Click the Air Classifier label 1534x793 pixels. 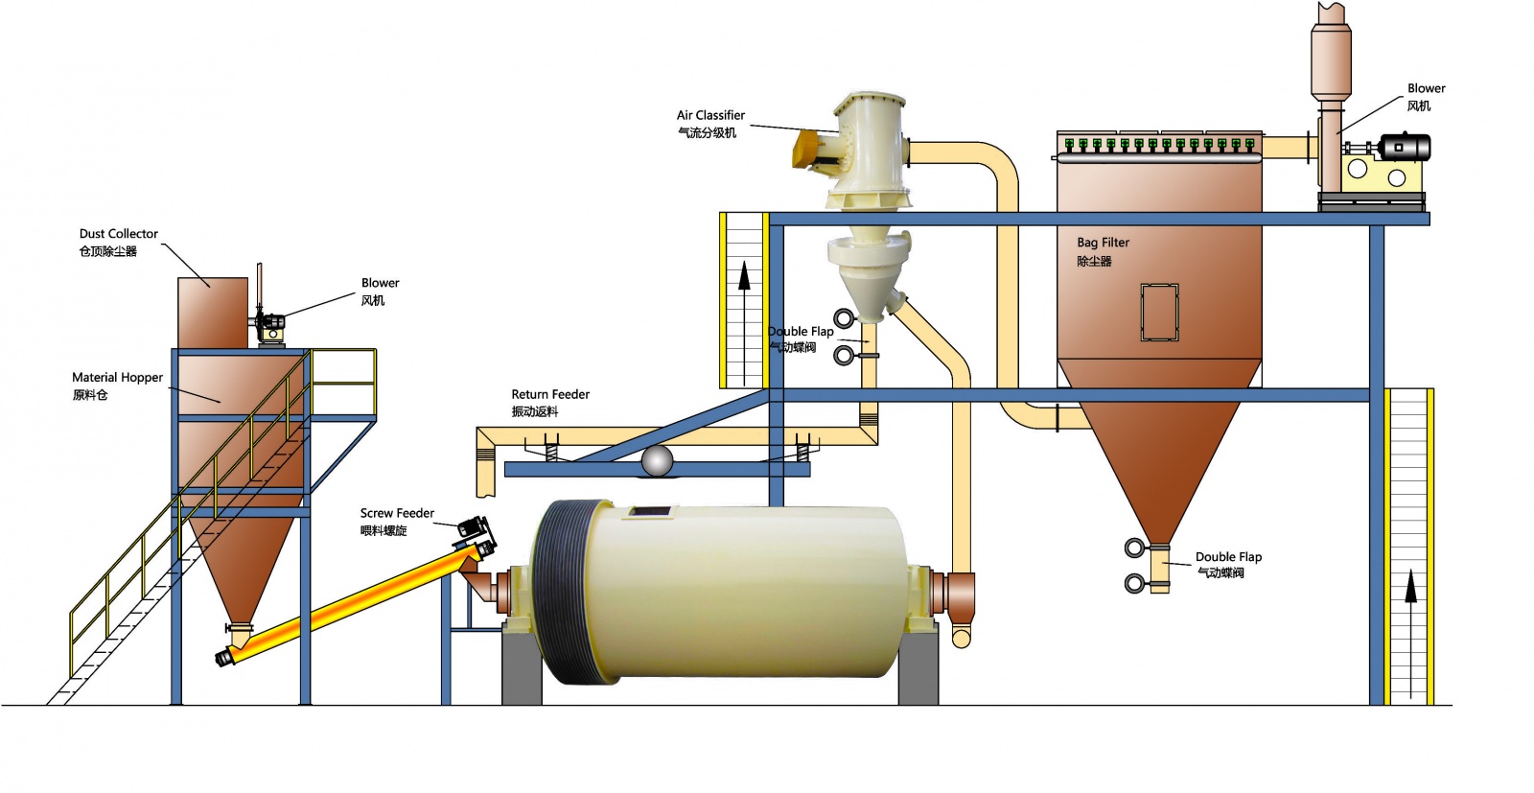pyautogui.click(x=710, y=115)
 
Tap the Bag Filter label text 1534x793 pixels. pyautogui.click(x=1103, y=243)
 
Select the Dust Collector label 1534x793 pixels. pyautogui.click(x=119, y=234)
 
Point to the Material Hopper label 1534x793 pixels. pyautogui.click(x=117, y=378)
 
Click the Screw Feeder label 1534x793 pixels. pyautogui.click(x=397, y=514)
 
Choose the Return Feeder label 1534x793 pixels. pyautogui.click(x=550, y=394)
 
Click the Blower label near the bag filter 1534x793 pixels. pyautogui.click(x=1426, y=88)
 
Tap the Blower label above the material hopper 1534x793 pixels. pyautogui.click(x=380, y=283)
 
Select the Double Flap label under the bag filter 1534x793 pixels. pyautogui.click(x=1228, y=557)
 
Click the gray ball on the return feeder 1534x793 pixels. pyautogui.click(x=657, y=460)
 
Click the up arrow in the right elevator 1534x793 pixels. pyautogui.click(x=1409, y=585)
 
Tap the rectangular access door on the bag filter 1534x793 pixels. pyautogui.click(x=1158, y=312)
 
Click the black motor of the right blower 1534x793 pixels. pyautogui.click(x=1404, y=148)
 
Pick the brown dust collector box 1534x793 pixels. pyautogui.click(x=213, y=312)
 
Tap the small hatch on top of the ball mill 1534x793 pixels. pyautogui.click(x=648, y=513)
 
